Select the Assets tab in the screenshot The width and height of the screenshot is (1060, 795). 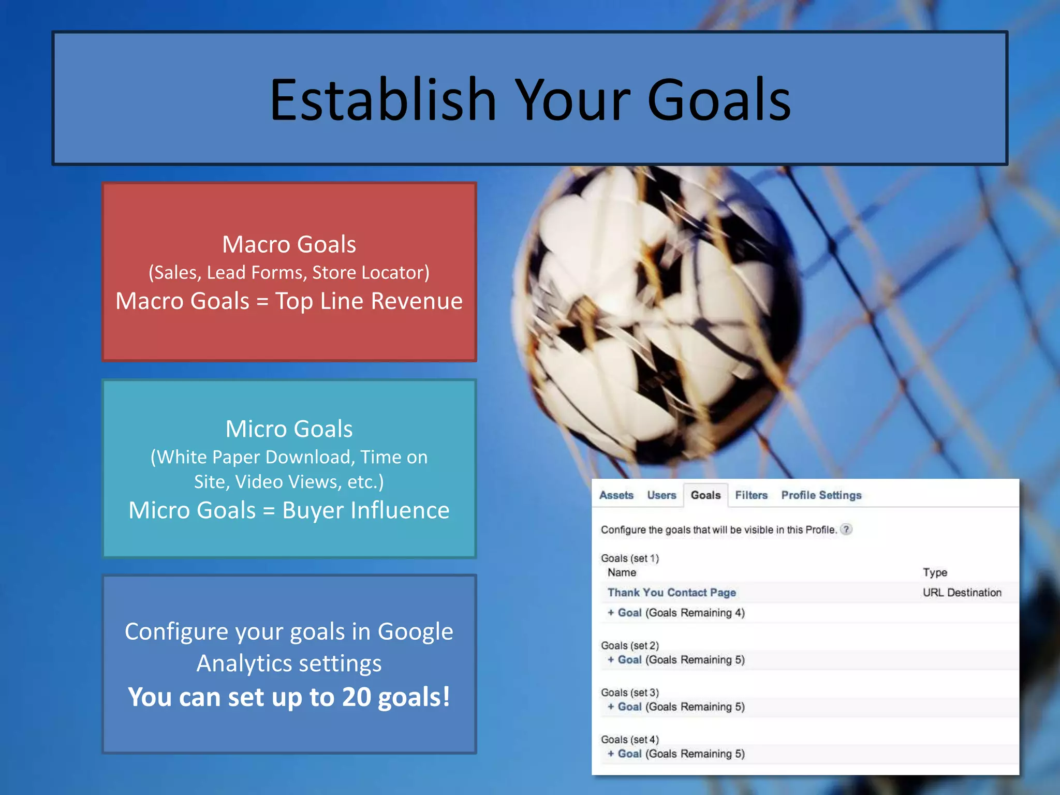coord(616,495)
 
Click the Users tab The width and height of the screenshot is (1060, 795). coord(661,495)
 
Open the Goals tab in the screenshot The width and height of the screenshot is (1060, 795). coord(705,495)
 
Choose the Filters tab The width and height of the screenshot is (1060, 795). coord(751,495)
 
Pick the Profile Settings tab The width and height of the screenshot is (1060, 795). coord(821,495)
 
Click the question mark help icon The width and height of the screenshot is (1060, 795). coord(846,529)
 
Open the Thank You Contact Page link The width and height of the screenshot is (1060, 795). coord(671,593)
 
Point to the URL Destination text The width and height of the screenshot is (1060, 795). coord(962,593)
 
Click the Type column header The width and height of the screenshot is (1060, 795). coord(935,572)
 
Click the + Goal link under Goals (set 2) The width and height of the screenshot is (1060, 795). coord(625,660)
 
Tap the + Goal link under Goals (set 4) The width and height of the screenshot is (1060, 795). coord(625,754)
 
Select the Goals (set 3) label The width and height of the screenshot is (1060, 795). coord(629,693)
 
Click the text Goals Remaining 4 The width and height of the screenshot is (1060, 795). coord(695,613)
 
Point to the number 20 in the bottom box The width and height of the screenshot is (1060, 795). coord(356,697)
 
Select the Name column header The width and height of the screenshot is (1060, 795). coord(622,572)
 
